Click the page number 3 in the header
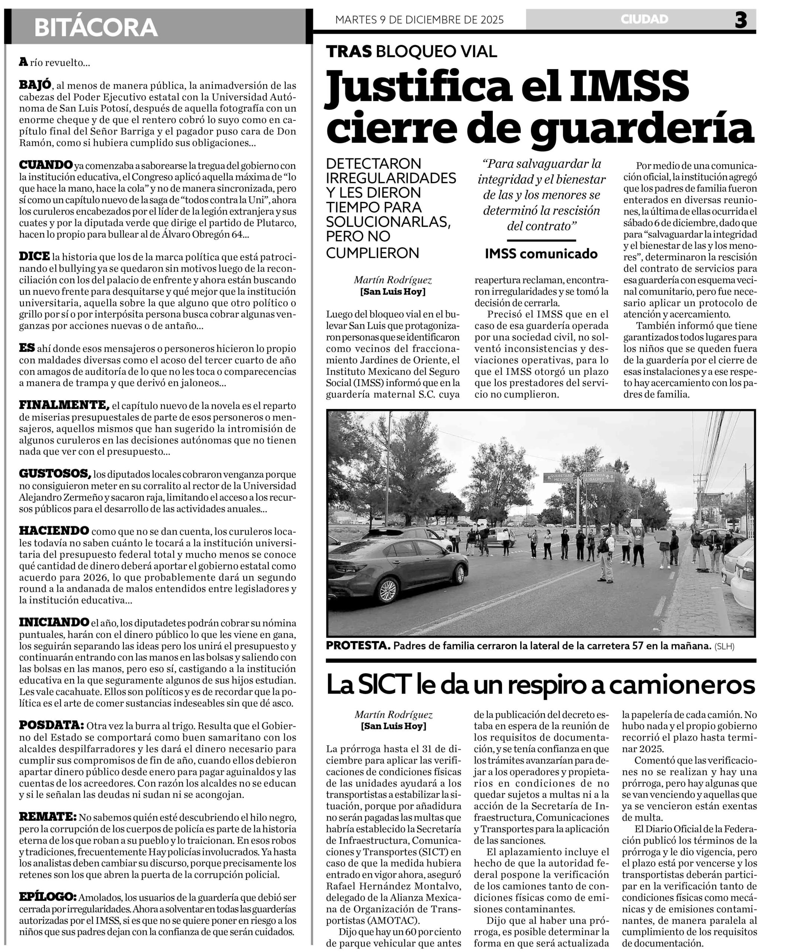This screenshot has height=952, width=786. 741,20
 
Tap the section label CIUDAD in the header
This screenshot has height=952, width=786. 644,19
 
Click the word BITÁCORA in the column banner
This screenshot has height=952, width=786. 96,28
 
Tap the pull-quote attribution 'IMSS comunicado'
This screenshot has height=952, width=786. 541,254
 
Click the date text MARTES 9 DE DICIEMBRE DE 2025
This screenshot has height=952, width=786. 419,19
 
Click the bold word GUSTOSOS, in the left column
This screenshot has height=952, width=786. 55,474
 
